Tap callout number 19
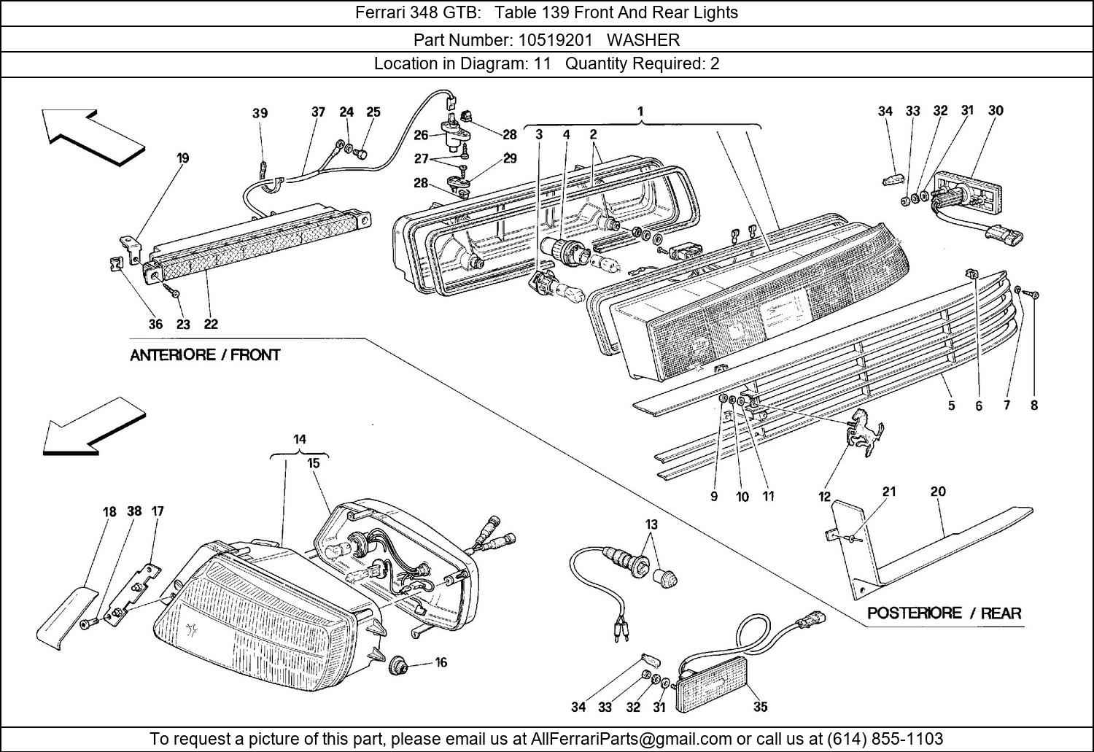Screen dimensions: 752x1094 [x=182, y=158]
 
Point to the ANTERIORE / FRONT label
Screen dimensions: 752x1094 [x=205, y=355]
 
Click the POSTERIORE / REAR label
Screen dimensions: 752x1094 [x=944, y=613]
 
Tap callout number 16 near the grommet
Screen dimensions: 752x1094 [x=441, y=662]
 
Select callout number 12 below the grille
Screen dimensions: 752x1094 [x=824, y=497]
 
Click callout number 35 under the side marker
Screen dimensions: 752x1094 [x=760, y=706]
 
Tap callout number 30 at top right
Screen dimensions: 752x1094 [x=996, y=111]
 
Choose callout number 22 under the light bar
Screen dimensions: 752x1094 [x=211, y=325]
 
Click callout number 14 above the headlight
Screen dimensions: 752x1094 [x=300, y=439]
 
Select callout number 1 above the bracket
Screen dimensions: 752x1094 [x=640, y=112]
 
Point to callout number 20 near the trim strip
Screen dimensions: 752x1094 [x=938, y=492]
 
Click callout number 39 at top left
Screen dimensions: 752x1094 [x=260, y=113]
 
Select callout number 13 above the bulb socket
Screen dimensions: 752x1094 [x=651, y=524]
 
